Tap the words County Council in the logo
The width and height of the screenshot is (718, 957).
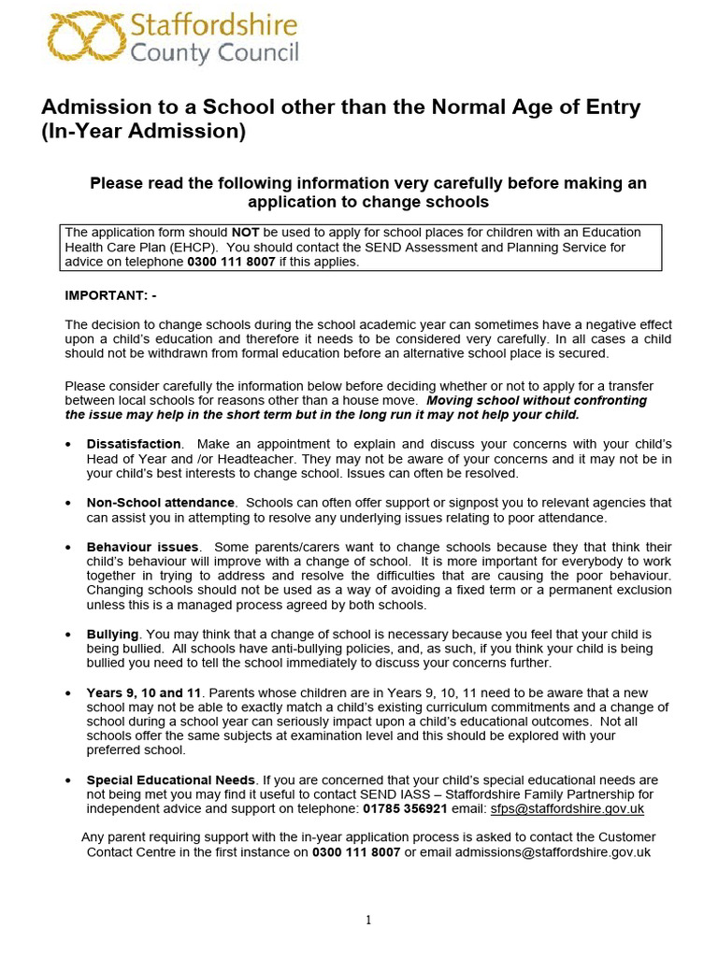(x=214, y=52)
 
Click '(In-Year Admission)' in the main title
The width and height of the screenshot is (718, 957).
(x=143, y=132)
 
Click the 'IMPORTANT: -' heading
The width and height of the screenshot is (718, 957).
(x=110, y=295)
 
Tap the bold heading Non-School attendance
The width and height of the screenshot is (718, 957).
(x=161, y=503)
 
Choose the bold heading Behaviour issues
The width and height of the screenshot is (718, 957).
(x=142, y=547)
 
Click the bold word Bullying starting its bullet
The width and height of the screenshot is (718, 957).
(x=112, y=634)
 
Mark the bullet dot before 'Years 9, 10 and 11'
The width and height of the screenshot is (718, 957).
(x=68, y=693)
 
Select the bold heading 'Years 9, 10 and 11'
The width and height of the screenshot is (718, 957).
(x=144, y=693)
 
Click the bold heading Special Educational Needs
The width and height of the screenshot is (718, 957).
(x=170, y=779)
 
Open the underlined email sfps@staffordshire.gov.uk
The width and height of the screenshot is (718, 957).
(x=567, y=809)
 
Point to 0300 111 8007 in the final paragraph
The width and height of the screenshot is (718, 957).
(x=355, y=852)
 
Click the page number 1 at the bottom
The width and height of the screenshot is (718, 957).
(x=368, y=921)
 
